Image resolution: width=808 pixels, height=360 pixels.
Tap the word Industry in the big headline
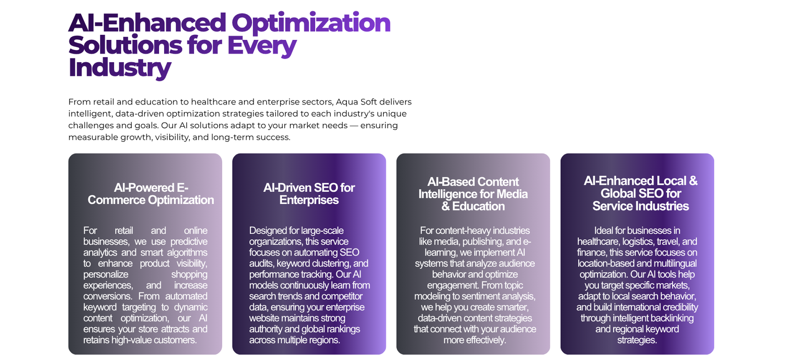coord(120,68)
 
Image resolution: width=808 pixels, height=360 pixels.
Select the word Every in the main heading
coord(262,46)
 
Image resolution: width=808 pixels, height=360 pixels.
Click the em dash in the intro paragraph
coord(354,126)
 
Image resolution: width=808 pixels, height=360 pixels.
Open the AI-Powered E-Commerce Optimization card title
coord(151,194)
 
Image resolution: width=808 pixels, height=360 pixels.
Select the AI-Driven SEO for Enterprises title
coord(309,194)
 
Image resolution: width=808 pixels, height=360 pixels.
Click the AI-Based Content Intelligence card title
coord(473,194)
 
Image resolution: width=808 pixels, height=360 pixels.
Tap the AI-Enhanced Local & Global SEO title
coord(641,193)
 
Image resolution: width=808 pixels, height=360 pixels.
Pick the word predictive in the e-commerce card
coord(189,242)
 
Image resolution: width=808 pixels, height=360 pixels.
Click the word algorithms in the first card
coord(187,252)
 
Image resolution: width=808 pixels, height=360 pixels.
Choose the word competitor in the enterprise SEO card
coord(342,296)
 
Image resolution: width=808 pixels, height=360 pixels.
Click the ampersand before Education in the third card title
coord(445,207)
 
